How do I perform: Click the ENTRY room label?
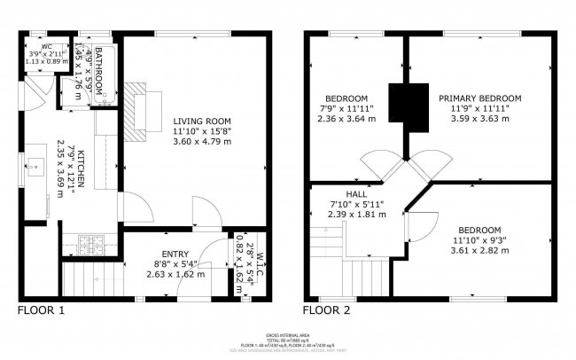pyautogui.click(x=175, y=254)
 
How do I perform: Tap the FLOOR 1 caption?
pyautogui.click(x=42, y=310)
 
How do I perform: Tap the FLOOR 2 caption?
pyautogui.click(x=327, y=310)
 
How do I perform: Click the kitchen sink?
pyautogui.click(x=35, y=166)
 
